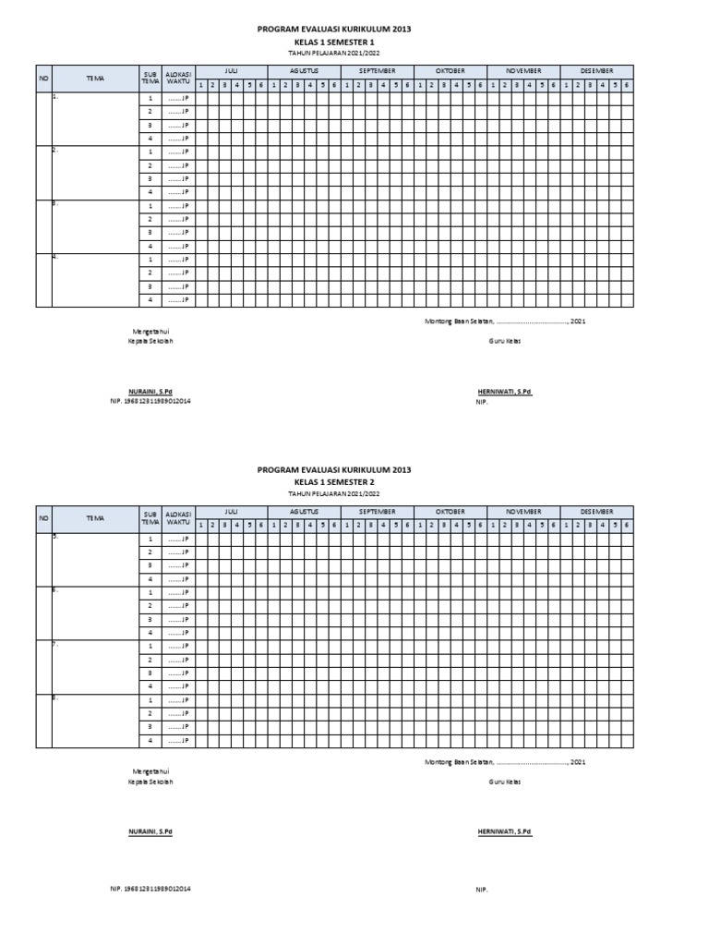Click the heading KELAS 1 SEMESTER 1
[x=333, y=42]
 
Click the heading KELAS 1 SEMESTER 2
[x=333, y=482]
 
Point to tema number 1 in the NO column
[x=54, y=96]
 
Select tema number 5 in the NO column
[x=54, y=536]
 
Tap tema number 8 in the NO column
[x=54, y=698]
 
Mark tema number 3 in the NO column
[x=54, y=203]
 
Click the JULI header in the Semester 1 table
[x=231, y=71]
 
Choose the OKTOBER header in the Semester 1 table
[x=450, y=71]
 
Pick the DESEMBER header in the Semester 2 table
[x=596, y=511]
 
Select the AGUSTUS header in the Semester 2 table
[x=304, y=511]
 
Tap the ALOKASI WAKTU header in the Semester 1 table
[x=177, y=78]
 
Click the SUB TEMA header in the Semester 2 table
[x=150, y=517]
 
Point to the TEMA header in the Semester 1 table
[x=94, y=79]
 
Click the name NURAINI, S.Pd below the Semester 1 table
[x=150, y=392]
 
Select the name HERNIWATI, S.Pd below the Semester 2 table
[x=504, y=831]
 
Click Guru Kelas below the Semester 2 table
[x=504, y=782]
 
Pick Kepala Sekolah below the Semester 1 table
[x=150, y=341]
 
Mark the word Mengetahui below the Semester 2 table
[x=150, y=770]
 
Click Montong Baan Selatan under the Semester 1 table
[x=459, y=321]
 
